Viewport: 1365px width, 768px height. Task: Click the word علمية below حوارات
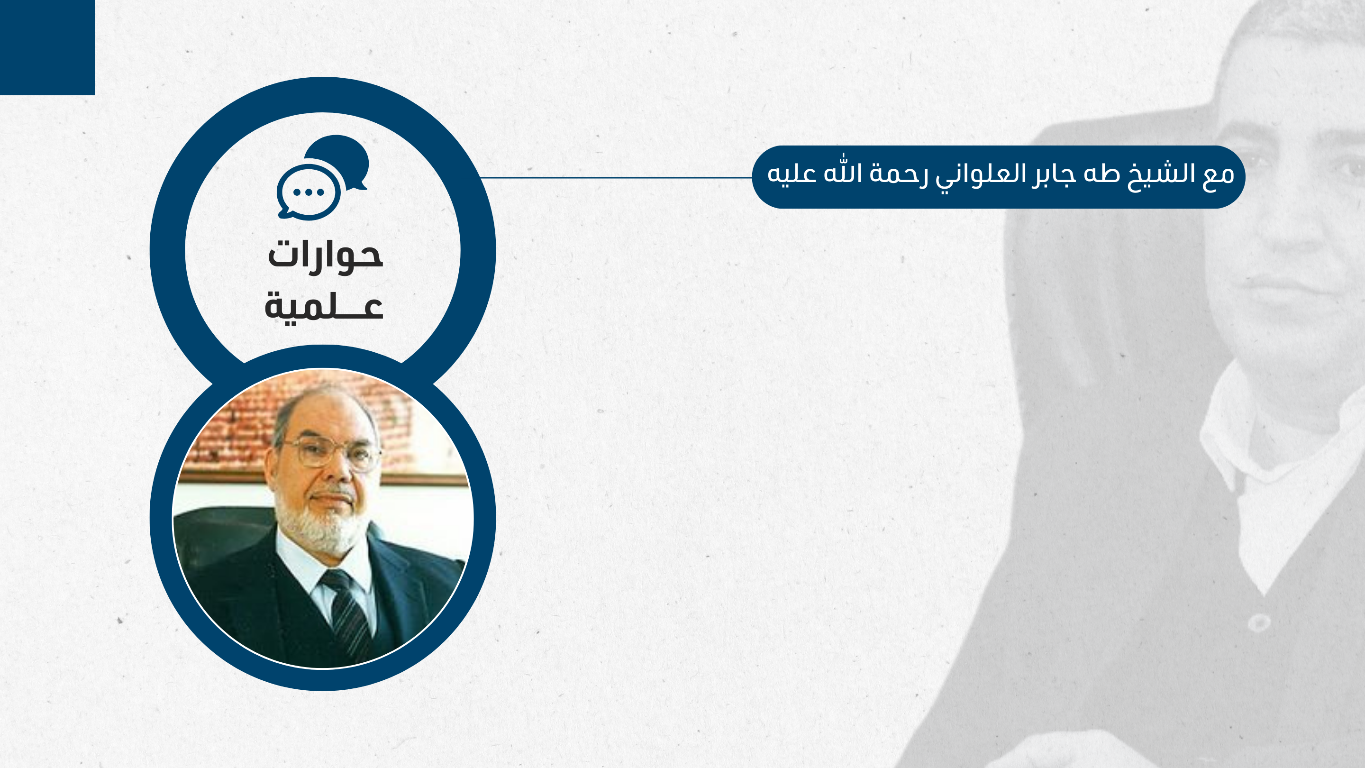click(x=324, y=306)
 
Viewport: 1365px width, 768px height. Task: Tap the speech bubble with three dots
click(x=309, y=192)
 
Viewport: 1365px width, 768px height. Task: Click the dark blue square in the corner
click(x=48, y=48)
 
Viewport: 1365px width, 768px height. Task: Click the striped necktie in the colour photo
click(x=347, y=614)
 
